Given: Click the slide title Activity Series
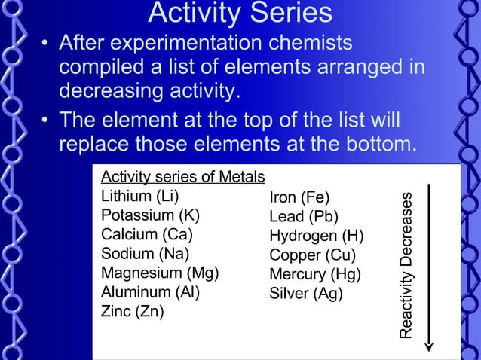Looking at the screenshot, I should [x=240, y=13].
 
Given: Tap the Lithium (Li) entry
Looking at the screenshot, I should [x=140, y=196].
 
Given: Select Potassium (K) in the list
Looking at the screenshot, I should [x=150, y=215].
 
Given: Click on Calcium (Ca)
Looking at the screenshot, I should [x=147, y=234].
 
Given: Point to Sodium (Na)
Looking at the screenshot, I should [x=145, y=253].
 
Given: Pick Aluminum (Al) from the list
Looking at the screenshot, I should [x=150, y=291].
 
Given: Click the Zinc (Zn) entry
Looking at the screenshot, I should [x=133, y=311].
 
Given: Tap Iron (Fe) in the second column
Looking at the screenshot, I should [x=299, y=198].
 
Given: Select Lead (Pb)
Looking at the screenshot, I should [x=304, y=217].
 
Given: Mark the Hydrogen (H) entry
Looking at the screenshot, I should [x=317, y=236].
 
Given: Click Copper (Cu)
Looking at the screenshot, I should [x=312, y=255].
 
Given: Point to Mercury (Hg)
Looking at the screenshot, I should [x=314, y=274].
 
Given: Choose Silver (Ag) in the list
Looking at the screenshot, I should [x=306, y=294].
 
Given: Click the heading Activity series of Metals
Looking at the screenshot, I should [x=182, y=177].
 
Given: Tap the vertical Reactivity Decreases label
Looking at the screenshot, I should [x=406, y=264].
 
